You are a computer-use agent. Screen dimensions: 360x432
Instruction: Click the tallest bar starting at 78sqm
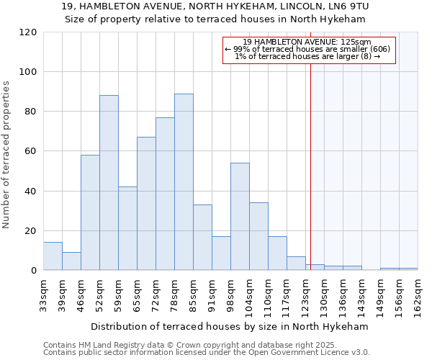tap(184, 182)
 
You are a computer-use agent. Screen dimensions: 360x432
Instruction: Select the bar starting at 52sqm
tap(109, 183)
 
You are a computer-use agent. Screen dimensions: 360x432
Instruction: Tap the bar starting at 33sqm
tap(53, 256)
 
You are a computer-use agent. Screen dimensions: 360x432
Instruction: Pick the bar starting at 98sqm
tap(240, 217)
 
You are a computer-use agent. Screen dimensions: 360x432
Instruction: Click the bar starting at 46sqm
tap(90, 212)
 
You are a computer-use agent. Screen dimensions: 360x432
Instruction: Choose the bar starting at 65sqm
tap(146, 204)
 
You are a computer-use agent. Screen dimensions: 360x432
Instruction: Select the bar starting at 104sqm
tap(258, 236)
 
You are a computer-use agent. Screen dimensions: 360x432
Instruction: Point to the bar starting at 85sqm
tap(202, 238)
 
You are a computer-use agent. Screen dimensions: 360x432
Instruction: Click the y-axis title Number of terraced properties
tap(7, 155)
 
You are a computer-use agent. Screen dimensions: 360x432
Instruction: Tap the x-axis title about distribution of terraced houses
tap(230, 326)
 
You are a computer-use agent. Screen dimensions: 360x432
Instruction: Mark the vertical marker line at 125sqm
tap(310, 166)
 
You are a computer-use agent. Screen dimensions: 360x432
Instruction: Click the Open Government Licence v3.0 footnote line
tap(206, 353)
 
